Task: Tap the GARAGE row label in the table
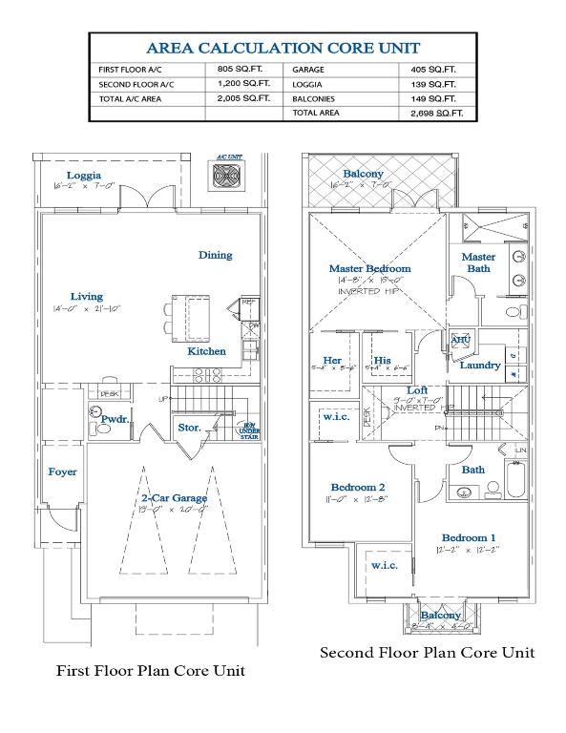click(309, 70)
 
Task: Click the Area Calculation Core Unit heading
click(283, 48)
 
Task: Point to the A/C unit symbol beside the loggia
click(229, 178)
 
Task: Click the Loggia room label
click(84, 175)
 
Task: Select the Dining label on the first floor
click(215, 255)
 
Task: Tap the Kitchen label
click(206, 351)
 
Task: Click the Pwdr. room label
click(115, 418)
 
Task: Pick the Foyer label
click(62, 471)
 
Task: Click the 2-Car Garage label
click(173, 498)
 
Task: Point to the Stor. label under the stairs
click(189, 428)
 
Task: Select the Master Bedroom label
click(369, 268)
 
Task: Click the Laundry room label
click(480, 365)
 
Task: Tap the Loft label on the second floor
click(417, 389)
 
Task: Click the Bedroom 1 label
click(469, 536)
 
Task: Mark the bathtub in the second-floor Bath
click(516, 478)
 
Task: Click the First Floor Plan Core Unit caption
click(151, 670)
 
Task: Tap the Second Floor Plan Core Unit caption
click(427, 652)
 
